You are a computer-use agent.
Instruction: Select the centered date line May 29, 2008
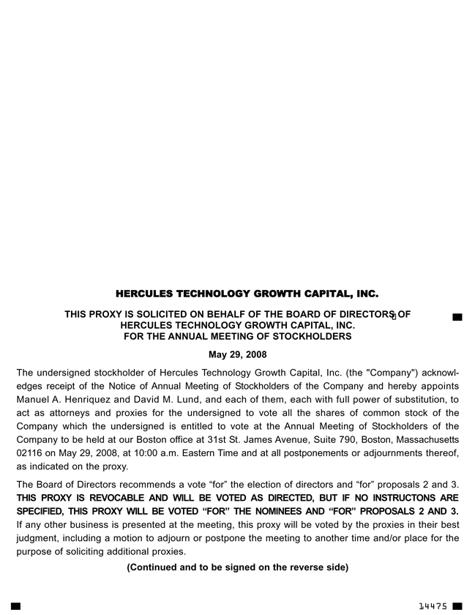tap(237, 355)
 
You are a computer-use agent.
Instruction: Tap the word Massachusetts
tap(422, 439)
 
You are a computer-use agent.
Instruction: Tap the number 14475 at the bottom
tap(433, 606)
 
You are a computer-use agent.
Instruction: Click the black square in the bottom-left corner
tap(15, 606)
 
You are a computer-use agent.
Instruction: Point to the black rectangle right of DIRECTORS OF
tap(457, 317)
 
